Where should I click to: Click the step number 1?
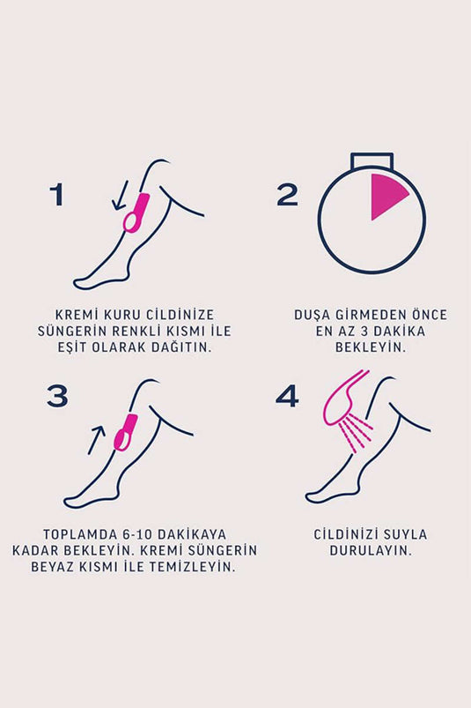pyautogui.click(x=57, y=194)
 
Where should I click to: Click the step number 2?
pyautogui.click(x=288, y=194)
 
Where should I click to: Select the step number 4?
pyautogui.click(x=288, y=396)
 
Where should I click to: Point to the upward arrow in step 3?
pyautogui.click(x=98, y=438)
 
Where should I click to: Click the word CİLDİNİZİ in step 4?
pyautogui.click(x=350, y=534)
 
